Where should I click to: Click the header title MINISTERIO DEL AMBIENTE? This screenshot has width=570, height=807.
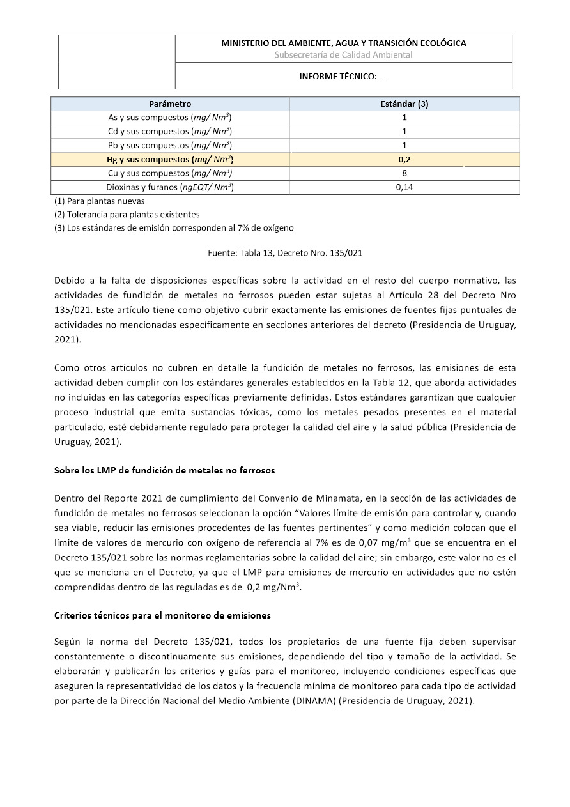[343, 43]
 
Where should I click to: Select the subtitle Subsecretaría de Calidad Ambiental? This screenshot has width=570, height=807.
[343, 55]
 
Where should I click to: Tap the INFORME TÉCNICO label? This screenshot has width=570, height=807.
[343, 76]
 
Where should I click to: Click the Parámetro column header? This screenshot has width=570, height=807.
[170, 104]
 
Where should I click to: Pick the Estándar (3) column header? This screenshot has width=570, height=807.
[404, 104]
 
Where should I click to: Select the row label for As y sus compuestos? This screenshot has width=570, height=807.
[170, 118]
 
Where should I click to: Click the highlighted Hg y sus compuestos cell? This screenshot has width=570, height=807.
[170, 159]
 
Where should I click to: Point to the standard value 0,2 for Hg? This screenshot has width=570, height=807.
[404, 159]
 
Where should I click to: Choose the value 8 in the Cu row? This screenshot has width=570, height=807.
[404, 173]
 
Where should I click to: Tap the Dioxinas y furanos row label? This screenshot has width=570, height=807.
[170, 187]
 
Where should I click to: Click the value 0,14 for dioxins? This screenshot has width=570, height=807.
[404, 187]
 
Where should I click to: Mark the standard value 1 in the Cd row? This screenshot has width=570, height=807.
[404, 132]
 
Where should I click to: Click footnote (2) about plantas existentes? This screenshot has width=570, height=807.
[127, 214]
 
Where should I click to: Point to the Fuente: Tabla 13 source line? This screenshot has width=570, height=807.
[285, 253]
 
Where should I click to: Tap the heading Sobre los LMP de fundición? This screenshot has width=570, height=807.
[165, 470]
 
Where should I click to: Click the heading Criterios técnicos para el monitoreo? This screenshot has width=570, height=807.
[162, 615]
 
